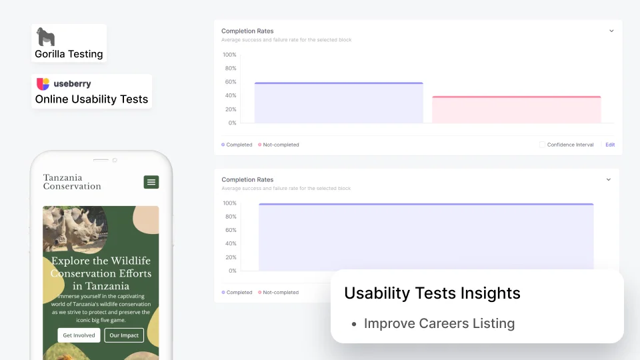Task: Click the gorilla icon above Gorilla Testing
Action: pos(45,37)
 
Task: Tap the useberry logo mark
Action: pos(43,84)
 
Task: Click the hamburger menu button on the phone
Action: pos(151,182)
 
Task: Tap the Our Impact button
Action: pos(124,335)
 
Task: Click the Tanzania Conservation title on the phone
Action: pos(72,182)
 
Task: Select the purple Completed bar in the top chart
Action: pos(339,103)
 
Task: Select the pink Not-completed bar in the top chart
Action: pos(516,109)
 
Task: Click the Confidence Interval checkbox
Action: pos(542,145)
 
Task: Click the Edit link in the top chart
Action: pos(610,145)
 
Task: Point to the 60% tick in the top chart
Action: pos(231,81)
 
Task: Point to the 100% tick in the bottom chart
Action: pos(229,203)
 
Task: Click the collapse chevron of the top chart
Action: pos(611,31)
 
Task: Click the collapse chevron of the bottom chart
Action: pos(609,179)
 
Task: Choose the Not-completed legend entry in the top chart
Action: pos(279,145)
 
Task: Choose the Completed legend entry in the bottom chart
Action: pos(237,292)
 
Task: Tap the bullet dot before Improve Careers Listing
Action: pos(354,324)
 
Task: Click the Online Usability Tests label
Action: pos(91,99)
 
